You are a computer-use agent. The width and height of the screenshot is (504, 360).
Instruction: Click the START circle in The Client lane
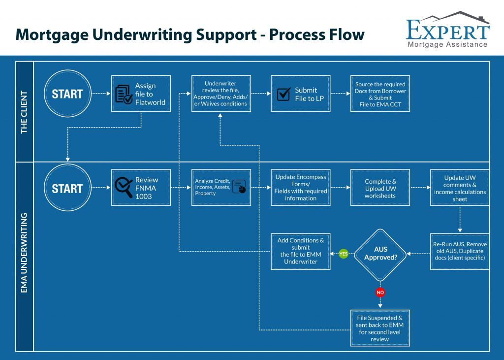click(67, 94)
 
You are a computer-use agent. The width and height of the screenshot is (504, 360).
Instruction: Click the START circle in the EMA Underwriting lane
click(67, 188)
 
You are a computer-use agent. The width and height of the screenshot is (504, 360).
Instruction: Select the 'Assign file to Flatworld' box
click(141, 94)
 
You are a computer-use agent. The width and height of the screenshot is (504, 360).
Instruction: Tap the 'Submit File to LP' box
click(300, 94)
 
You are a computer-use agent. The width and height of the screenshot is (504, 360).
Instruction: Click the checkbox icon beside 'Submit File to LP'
click(284, 94)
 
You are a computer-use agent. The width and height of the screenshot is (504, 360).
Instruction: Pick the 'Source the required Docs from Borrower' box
click(380, 94)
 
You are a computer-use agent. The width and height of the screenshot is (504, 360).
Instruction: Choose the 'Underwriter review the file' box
click(220, 94)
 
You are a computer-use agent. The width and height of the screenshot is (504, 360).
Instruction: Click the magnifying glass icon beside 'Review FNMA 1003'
click(124, 187)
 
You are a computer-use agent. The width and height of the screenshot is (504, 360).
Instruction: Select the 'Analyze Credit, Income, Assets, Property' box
click(220, 187)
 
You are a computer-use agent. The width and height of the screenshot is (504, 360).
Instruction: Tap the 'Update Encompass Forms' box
click(300, 187)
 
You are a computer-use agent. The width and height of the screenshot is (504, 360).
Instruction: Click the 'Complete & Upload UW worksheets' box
click(380, 187)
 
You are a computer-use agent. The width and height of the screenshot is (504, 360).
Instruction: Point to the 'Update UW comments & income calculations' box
click(460, 187)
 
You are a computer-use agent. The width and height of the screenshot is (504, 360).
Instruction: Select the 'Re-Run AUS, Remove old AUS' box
click(460, 251)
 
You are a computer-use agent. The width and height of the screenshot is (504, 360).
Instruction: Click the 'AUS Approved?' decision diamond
click(380, 254)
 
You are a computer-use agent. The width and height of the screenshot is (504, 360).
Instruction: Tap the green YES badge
click(344, 254)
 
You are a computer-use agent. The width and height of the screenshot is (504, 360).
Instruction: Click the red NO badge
click(380, 293)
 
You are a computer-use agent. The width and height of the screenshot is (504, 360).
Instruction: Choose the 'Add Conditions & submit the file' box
click(300, 251)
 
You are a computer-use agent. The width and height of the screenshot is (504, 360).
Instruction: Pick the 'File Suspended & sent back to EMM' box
click(380, 328)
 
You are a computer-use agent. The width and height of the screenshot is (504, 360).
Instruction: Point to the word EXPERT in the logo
click(447, 31)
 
